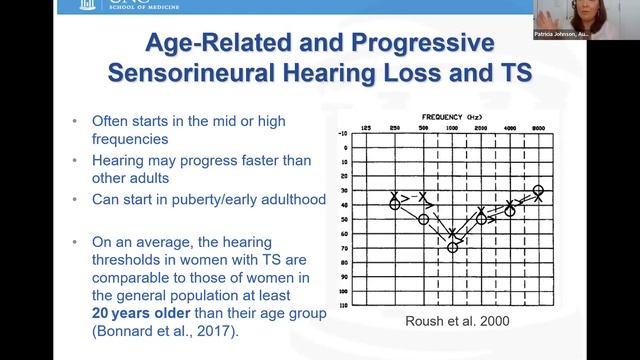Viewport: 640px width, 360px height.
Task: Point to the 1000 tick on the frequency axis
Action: coord(452,129)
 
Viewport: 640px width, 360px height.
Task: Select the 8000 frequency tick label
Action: coord(539,129)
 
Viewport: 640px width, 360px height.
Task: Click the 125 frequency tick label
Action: coord(365,129)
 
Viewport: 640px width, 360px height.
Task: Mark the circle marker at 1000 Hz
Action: coord(452,246)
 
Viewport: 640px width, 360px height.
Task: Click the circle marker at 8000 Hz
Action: coord(539,190)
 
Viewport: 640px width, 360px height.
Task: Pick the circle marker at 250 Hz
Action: coord(394,204)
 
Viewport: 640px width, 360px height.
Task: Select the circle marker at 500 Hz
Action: coord(423,219)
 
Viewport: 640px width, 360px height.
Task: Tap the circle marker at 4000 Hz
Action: coord(510,211)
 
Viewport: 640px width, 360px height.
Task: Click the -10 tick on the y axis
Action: coord(343,133)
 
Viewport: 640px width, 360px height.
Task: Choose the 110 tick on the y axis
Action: coord(343,303)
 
